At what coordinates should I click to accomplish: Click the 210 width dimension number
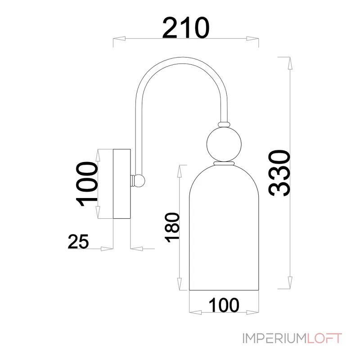[186, 27]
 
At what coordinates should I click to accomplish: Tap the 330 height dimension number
[279, 173]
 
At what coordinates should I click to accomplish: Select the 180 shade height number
[172, 227]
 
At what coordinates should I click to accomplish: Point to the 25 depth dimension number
[78, 242]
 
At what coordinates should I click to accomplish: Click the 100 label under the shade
[224, 305]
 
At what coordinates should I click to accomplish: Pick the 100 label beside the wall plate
[87, 184]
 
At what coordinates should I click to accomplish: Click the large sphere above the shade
[224, 144]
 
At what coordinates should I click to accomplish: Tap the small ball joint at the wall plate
[139, 181]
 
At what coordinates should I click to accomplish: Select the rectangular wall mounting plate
[121, 184]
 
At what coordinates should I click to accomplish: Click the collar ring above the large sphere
[224, 124]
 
